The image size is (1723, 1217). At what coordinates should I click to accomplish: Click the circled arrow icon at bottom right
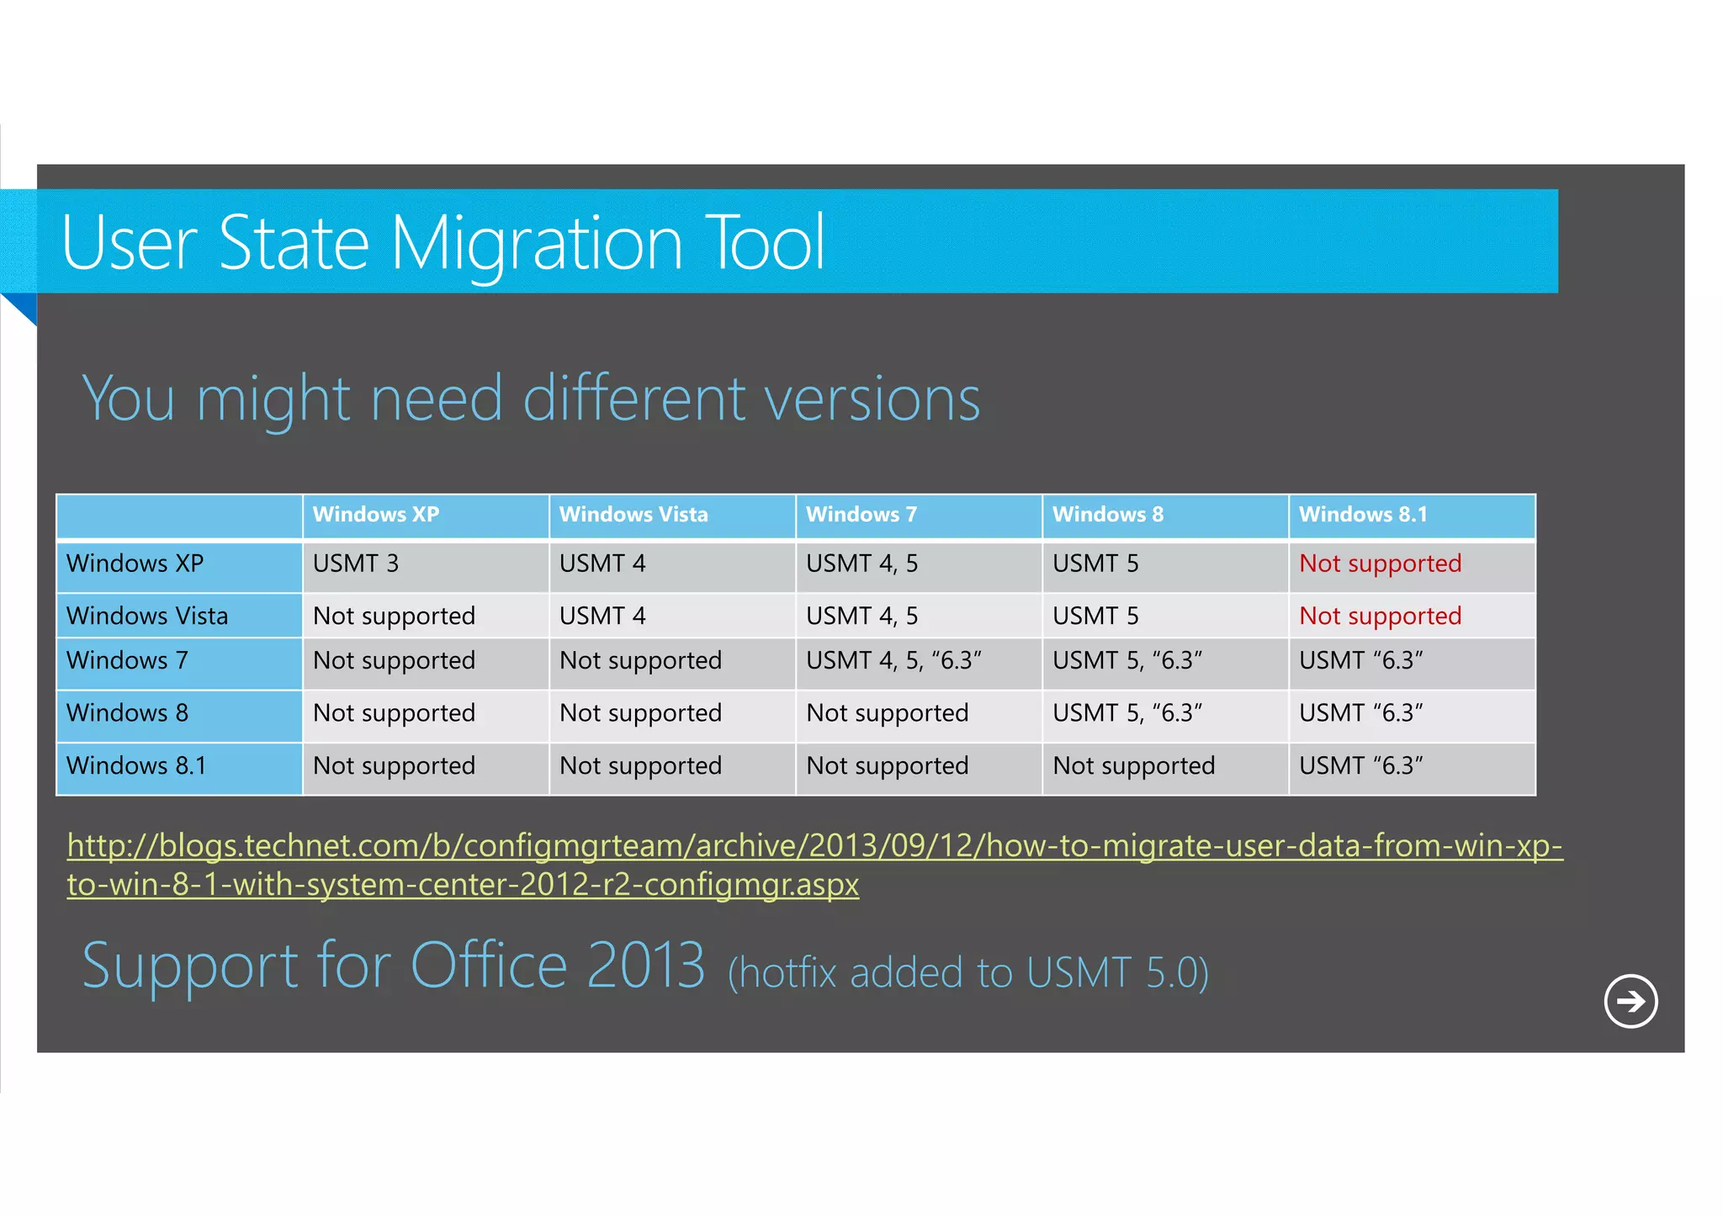coord(1630,1001)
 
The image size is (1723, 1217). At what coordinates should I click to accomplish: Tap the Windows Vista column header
coord(633,515)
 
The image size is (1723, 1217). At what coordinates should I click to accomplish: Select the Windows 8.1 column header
coord(1362,515)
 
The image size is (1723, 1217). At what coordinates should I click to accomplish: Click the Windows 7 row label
coord(127,661)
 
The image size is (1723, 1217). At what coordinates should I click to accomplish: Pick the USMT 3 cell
coord(355,564)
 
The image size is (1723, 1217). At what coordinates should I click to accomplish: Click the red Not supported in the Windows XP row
coord(1380,564)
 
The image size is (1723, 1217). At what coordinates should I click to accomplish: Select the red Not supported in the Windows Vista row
coord(1380,616)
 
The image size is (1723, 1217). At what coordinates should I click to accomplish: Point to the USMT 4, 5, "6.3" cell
coord(893,661)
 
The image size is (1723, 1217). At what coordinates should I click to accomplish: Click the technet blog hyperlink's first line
coord(814,845)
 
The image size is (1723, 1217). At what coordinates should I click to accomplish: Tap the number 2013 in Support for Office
coord(645,966)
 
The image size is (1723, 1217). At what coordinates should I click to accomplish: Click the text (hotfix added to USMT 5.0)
coord(968,973)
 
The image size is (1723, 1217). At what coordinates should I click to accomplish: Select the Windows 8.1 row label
coord(135,766)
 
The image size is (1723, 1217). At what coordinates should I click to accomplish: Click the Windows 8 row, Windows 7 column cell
coord(887,713)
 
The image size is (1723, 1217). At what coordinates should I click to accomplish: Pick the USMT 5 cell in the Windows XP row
coord(1095,564)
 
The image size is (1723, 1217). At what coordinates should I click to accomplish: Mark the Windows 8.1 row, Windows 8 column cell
coord(1133,766)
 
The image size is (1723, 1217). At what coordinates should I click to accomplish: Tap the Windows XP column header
coord(375,515)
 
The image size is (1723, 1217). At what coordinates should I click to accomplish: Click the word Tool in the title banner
coord(765,243)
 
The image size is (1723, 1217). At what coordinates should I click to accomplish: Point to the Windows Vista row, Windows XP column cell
coord(394,616)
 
